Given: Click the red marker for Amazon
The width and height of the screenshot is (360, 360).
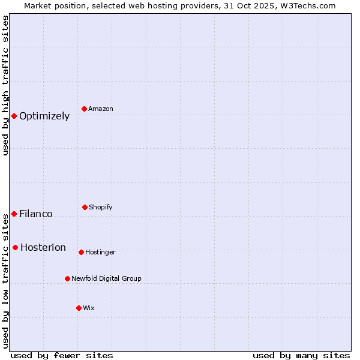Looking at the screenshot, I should click(85, 109).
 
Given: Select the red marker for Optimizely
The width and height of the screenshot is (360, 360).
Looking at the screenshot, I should click(14, 116).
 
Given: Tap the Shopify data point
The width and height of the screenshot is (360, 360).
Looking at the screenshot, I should click(85, 207).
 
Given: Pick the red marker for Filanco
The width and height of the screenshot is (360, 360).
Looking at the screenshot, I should click(14, 214).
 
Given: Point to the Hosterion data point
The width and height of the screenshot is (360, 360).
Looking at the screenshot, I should click(15, 247).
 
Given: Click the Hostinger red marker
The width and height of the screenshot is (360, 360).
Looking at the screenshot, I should click(81, 252).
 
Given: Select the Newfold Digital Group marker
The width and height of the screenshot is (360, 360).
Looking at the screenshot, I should click(67, 278).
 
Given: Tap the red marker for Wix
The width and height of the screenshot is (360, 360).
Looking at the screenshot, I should click(79, 308).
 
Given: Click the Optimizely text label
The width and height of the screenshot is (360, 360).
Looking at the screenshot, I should click(44, 116).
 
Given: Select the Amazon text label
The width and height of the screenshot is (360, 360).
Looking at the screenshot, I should click(101, 109).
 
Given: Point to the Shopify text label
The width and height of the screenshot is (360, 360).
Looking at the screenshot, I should click(101, 208).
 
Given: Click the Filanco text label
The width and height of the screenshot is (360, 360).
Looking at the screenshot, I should click(36, 214).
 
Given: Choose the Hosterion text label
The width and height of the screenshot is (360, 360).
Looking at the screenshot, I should click(43, 248).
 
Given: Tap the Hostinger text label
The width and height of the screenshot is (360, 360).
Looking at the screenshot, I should click(100, 253).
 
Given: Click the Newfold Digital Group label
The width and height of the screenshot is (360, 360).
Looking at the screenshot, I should click(106, 279).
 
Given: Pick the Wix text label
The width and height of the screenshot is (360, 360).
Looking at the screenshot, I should click(89, 308).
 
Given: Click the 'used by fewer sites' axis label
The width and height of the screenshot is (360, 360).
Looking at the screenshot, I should click(62, 356).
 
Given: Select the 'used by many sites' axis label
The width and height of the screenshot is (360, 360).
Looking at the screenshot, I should click(301, 356).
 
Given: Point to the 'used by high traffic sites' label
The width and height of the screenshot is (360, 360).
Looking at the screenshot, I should click(5, 85).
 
